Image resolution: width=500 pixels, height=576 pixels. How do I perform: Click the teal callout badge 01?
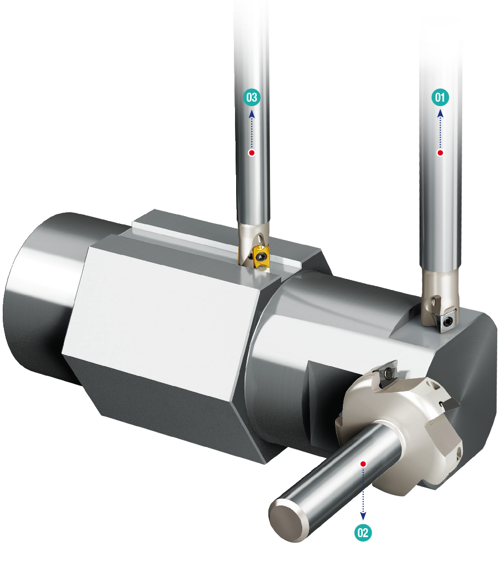click(x=440, y=97)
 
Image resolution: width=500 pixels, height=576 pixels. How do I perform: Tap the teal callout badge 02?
click(x=363, y=533)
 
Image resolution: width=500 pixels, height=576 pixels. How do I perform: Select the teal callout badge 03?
click(x=252, y=97)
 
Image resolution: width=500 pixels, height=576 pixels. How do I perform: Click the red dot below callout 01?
click(x=440, y=152)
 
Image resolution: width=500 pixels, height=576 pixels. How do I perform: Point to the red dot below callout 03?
click(x=252, y=152)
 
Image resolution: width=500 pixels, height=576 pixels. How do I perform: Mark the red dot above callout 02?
click(x=363, y=464)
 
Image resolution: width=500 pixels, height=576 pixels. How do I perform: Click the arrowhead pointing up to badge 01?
click(x=440, y=114)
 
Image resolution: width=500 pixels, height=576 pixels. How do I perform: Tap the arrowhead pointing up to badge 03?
click(x=252, y=114)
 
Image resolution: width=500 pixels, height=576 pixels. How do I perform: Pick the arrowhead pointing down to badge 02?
click(x=363, y=516)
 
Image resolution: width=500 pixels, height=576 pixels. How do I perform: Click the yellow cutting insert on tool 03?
click(x=260, y=258)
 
